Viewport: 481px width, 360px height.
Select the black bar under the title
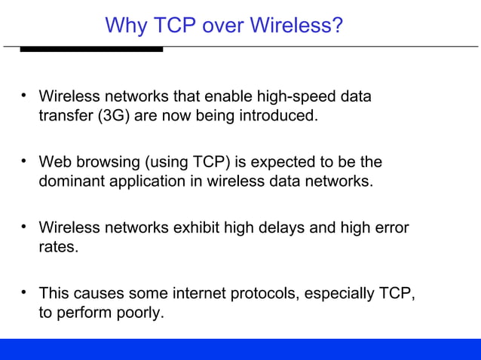click(x=91, y=49)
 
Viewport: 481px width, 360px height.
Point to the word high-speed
click(x=297, y=97)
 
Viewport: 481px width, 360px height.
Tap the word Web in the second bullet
click(x=54, y=163)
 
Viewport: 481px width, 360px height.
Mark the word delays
click(x=306, y=227)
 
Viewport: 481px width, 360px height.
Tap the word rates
click(x=58, y=247)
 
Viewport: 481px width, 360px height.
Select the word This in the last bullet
click(x=54, y=293)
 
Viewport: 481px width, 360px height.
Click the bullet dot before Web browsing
click(x=25, y=161)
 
